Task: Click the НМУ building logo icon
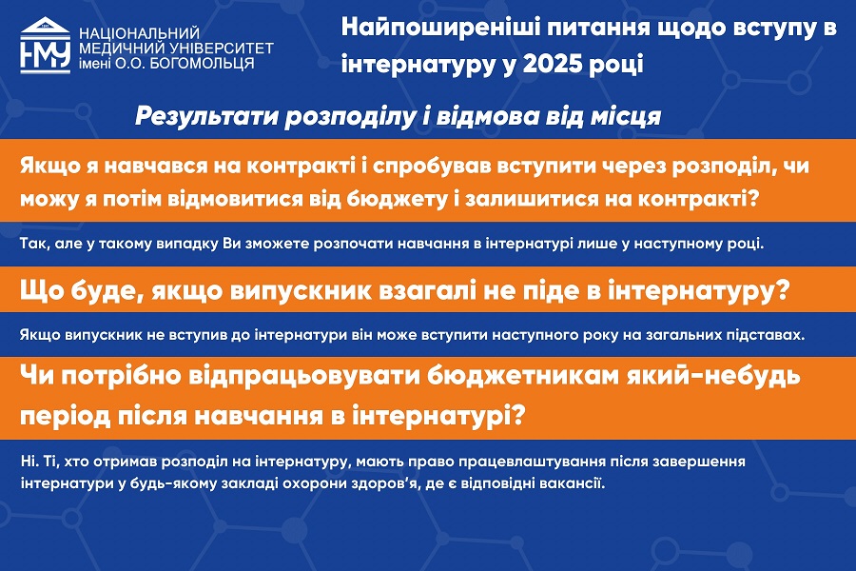click(x=46, y=46)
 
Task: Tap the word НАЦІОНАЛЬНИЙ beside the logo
click(x=139, y=34)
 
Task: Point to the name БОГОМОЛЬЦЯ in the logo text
click(x=202, y=64)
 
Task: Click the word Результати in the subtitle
click(x=205, y=116)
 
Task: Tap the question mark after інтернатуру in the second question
click(x=784, y=290)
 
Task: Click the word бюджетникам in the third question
click(x=522, y=375)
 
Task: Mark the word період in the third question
click(x=65, y=417)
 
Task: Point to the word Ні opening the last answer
click(x=30, y=462)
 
